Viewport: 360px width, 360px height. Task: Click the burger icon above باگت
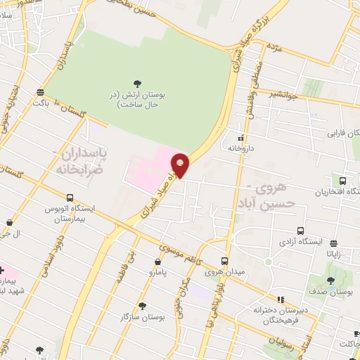click(40, 92)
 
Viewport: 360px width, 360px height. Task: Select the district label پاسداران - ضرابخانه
click(83, 160)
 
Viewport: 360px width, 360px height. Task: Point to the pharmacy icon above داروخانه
click(241, 137)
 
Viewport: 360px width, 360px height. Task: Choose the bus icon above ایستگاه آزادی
click(301, 231)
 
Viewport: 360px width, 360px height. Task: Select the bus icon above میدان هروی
click(225, 260)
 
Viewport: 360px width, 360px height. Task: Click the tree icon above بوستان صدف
click(330, 281)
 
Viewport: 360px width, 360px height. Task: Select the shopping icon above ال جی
click(9, 223)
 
